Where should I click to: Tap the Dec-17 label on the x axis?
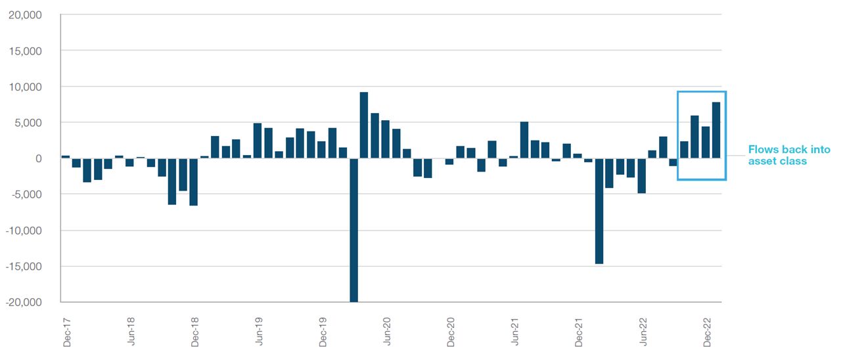point(66,330)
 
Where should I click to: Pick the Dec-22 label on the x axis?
point(708,330)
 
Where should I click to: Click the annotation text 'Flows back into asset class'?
point(788,155)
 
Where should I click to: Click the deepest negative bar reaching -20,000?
point(353,230)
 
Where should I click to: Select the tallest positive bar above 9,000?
point(364,125)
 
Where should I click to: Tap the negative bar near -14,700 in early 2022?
point(599,211)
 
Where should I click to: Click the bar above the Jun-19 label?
point(258,141)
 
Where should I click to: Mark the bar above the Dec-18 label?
point(193,182)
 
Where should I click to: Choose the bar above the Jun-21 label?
point(524,140)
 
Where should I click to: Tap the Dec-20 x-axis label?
point(451,330)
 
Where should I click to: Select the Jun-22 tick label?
point(643,330)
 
